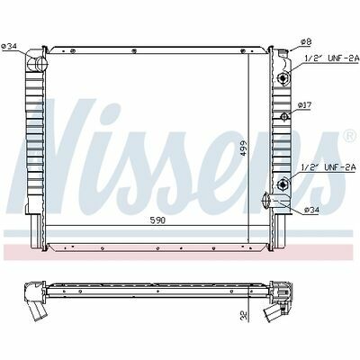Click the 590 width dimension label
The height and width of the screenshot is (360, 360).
tap(157, 220)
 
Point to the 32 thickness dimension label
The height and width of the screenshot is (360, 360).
tap(244, 316)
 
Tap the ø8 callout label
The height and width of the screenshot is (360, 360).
tap(306, 41)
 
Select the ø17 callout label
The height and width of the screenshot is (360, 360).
tap(303, 105)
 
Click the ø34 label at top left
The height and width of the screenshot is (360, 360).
tap(9, 46)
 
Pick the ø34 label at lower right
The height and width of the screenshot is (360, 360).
tap(311, 211)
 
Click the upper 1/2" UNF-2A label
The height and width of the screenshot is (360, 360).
tap(332, 58)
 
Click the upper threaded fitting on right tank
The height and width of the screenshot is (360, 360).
tap(283, 78)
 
